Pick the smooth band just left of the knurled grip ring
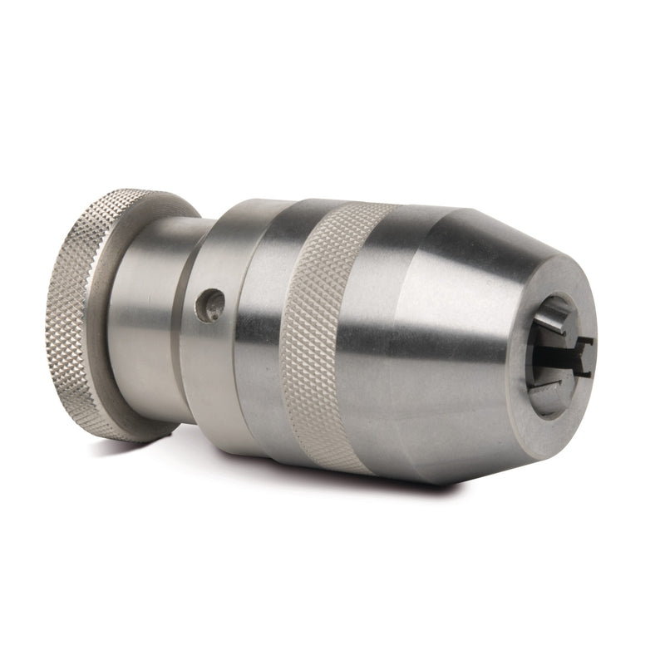pyautogui.click(x=266, y=332)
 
